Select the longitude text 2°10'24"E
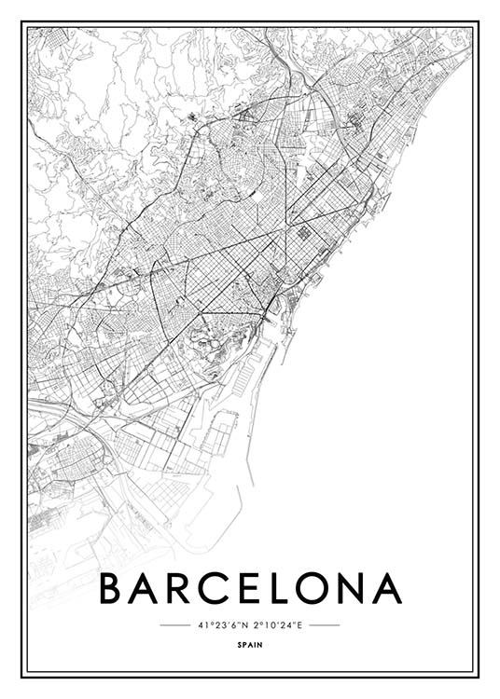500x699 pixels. (277, 624)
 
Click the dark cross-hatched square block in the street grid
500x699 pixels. (305, 233)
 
